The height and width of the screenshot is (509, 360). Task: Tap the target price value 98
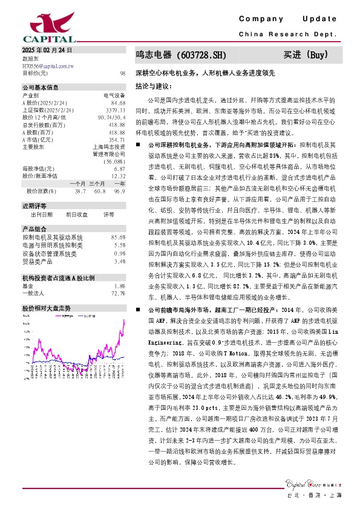click(122, 73)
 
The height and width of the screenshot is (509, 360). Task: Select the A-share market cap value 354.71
click(117, 139)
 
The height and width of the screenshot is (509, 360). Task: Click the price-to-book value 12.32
click(118, 176)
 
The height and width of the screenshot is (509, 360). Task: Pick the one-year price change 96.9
click(119, 191)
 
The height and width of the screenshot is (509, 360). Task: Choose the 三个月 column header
click(97, 183)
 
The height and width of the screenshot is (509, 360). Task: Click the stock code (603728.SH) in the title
click(193, 56)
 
